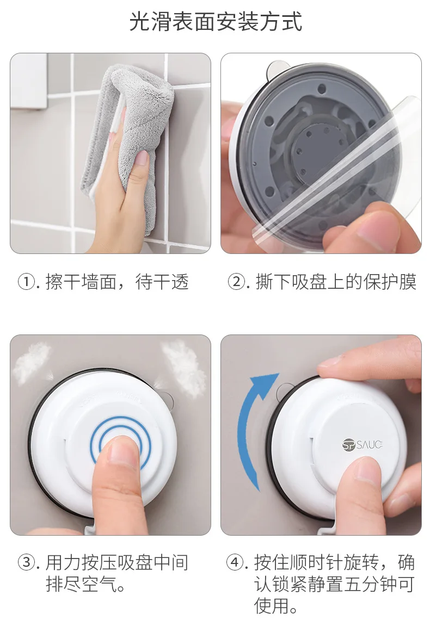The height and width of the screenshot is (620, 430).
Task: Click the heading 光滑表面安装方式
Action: (216, 21)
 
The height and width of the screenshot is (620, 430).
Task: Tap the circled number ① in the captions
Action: (27, 282)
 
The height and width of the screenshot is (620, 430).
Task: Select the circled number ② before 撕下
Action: (237, 282)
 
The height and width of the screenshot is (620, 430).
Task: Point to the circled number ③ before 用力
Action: (27, 562)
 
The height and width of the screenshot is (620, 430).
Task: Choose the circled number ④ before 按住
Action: (235, 562)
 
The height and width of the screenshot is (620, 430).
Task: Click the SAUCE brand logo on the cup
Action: (363, 444)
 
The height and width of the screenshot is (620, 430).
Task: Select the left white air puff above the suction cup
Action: (33, 362)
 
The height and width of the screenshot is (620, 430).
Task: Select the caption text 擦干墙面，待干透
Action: (117, 282)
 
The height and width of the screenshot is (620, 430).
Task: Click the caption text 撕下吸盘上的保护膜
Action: (336, 282)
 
